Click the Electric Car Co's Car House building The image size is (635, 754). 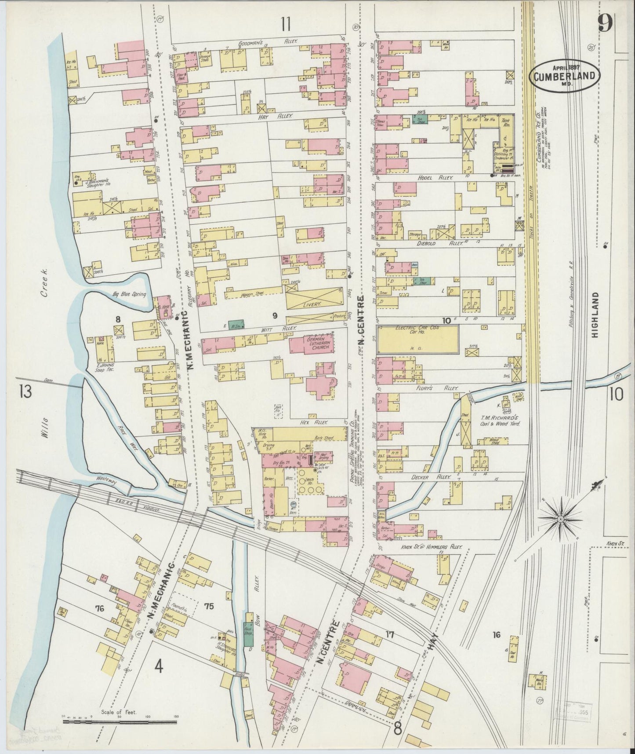(x=418, y=339)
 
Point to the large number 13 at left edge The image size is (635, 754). (x=25, y=392)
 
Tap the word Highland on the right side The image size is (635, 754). (x=595, y=315)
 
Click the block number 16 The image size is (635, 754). (x=497, y=634)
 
